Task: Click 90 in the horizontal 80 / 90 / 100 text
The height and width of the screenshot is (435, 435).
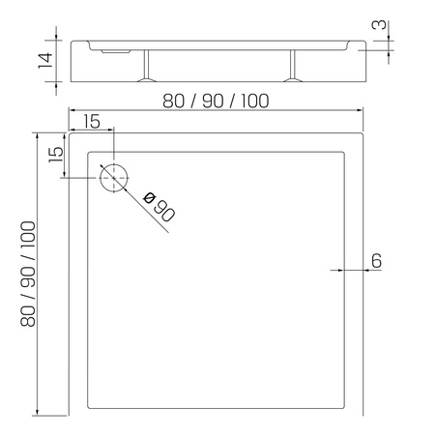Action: click(211, 101)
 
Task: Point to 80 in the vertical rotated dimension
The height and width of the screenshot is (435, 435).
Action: click(29, 310)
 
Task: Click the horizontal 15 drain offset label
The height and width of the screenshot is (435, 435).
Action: click(91, 121)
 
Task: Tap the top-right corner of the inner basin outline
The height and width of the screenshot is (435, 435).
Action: click(345, 152)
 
